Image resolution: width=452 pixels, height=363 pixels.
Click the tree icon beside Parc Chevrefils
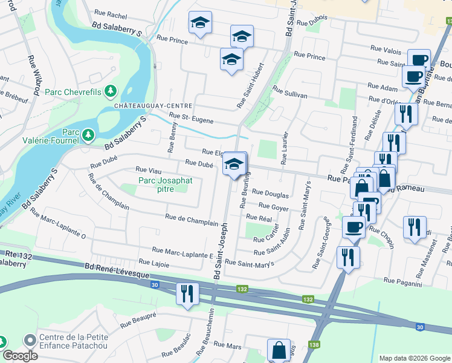[110, 91]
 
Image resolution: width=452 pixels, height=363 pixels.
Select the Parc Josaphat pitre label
[156, 185]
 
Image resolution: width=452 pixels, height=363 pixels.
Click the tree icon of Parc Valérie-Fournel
[88, 134]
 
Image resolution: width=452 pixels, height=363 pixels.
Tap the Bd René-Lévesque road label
[113, 267]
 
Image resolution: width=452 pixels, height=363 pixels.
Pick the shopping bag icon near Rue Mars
[279, 350]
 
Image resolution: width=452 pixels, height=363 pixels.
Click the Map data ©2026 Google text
[414, 358]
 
